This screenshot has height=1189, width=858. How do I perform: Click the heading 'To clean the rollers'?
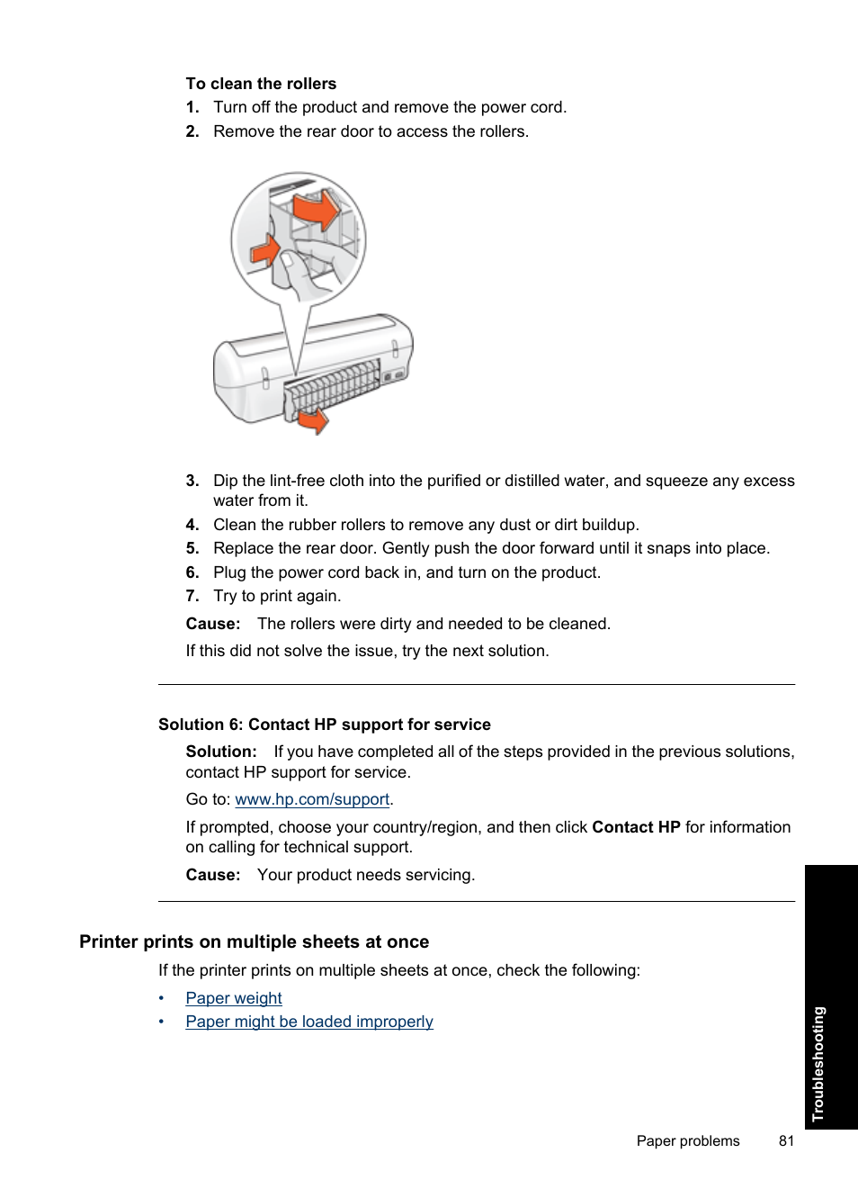(261, 84)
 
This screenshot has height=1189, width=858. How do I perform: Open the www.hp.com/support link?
(312, 799)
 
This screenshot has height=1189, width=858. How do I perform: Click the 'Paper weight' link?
(234, 998)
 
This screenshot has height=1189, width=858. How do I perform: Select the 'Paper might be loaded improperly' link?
(309, 1022)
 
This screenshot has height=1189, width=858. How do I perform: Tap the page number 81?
(787, 1140)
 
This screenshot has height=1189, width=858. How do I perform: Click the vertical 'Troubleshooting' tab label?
(818, 1063)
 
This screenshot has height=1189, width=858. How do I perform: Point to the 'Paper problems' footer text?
(688, 1140)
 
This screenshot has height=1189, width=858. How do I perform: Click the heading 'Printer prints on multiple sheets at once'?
(254, 941)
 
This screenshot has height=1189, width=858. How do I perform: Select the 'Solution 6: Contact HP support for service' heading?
(325, 725)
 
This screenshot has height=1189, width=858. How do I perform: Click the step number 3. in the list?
(192, 481)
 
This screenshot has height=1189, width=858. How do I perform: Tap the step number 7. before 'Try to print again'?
(192, 596)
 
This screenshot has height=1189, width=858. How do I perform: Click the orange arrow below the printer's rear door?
(315, 420)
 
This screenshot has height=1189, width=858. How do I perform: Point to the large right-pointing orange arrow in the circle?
(317, 212)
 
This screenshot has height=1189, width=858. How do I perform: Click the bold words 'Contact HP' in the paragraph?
(636, 827)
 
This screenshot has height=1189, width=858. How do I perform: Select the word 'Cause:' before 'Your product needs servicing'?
(213, 875)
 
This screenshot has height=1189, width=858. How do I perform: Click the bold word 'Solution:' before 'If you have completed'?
(221, 752)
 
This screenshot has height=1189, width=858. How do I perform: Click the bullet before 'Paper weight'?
(162, 998)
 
